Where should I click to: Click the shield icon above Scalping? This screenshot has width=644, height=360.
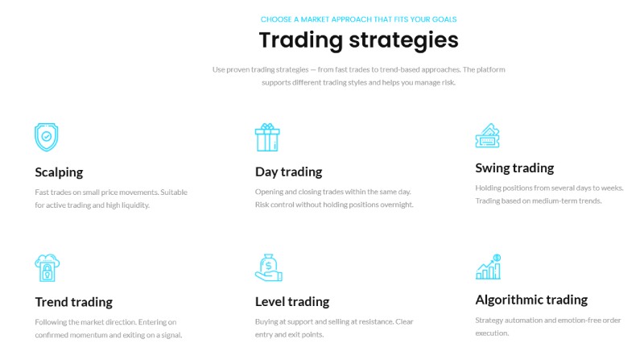[47, 137]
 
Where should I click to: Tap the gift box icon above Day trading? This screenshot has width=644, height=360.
[267, 137]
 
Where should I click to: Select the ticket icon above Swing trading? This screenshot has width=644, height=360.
[488, 135]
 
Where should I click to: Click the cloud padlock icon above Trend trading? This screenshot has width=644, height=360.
[47, 267]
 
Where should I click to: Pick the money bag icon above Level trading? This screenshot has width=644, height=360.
[269, 267]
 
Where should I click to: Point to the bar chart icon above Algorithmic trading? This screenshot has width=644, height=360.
[489, 267]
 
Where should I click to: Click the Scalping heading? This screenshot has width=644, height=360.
[59, 172]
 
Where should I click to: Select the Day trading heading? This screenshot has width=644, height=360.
[289, 172]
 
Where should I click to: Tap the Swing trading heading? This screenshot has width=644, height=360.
[514, 168]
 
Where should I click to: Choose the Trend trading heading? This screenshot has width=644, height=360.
[74, 302]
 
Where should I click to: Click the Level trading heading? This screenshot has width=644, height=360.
[292, 302]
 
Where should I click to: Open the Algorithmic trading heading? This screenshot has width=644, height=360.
[531, 300]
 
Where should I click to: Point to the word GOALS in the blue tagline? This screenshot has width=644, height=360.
[444, 19]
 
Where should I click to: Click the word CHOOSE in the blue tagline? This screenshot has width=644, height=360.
[276, 19]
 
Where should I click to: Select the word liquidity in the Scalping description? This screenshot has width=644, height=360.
[135, 205]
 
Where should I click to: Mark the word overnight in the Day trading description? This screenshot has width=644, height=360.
[396, 205]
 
